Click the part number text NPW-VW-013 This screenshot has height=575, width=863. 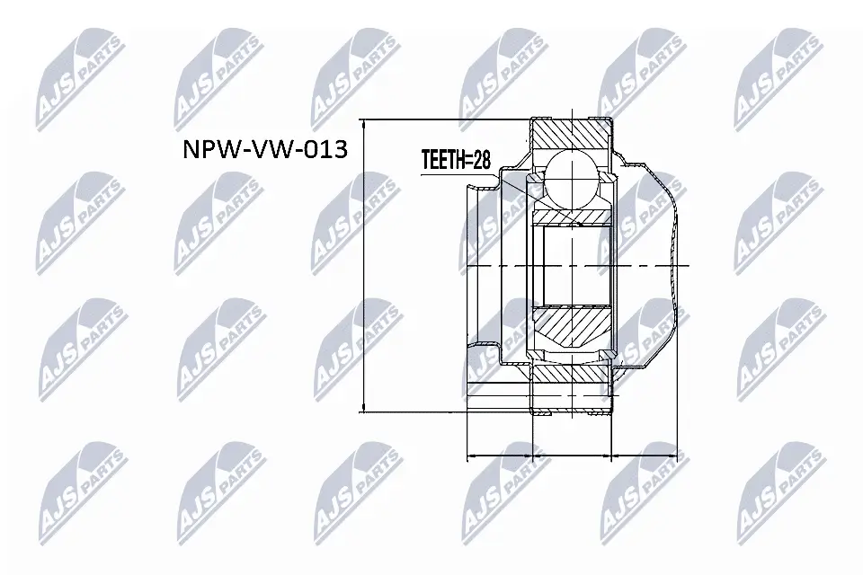[265, 150]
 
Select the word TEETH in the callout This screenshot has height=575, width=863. [441, 161]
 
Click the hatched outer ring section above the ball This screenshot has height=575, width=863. [572, 135]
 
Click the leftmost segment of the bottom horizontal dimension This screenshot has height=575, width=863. [499, 457]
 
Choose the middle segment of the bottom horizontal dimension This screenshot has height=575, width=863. [572, 457]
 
